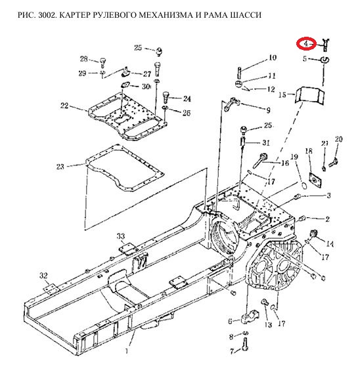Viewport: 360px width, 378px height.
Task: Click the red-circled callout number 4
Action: pyautogui.click(x=306, y=44)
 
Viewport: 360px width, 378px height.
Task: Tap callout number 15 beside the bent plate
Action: pyautogui.click(x=282, y=94)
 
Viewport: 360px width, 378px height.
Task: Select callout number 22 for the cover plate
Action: pyautogui.click(x=64, y=106)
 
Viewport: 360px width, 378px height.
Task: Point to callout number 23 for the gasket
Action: pyautogui.click(x=60, y=166)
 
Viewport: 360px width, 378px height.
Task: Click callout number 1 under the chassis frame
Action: pyautogui.click(x=127, y=351)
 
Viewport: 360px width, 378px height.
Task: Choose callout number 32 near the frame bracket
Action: pyautogui.click(x=43, y=276)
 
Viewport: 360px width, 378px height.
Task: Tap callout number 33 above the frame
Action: pyautogui.click(x=121, y=236)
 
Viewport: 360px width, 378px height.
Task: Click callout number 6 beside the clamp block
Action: pyautogui.click(x=230, y=321)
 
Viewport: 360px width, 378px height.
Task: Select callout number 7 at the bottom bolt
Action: pyautogui.click(x=232, y=352)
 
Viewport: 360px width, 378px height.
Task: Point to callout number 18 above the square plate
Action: pyautogui.click(x=309, y=151)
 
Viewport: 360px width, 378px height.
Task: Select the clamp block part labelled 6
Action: pyautogui.click(x=250, y=318)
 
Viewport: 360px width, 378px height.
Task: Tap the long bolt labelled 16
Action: pyautogui.click(x=260, y=161)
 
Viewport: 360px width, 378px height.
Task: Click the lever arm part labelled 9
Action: pyautogui.click(x=231, y=104)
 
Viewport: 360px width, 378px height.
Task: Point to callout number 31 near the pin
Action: pyautogui.click(x=266, y=142)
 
